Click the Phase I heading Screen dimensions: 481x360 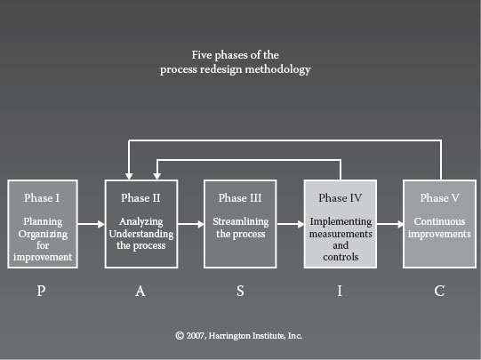click(42, 198)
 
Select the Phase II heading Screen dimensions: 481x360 click(140, 198)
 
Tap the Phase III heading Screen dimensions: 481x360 click(240, 198)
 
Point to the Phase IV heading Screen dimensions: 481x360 click(341, 198)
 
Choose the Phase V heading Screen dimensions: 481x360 click(439, 198)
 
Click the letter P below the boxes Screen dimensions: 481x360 click(42, 291)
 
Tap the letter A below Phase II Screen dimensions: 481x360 click(140, 291)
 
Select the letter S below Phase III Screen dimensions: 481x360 click(240, 291)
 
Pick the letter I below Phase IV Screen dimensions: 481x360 click(340, 291)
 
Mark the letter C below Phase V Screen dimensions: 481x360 click(439, 291)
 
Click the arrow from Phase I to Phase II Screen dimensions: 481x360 click(91, 224)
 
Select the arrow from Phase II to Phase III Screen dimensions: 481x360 click(191, 224)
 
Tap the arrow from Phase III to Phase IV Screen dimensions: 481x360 click(291, 224)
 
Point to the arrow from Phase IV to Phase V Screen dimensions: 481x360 click(390, 224)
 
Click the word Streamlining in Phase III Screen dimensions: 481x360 click(241, 221)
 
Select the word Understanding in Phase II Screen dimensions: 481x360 click(141, 234)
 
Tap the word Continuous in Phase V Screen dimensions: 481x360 click(439, 221)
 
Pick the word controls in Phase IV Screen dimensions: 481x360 click(341, 257)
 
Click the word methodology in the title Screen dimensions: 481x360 click(278, 69)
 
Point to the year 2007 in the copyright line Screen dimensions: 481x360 click(196, 336)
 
